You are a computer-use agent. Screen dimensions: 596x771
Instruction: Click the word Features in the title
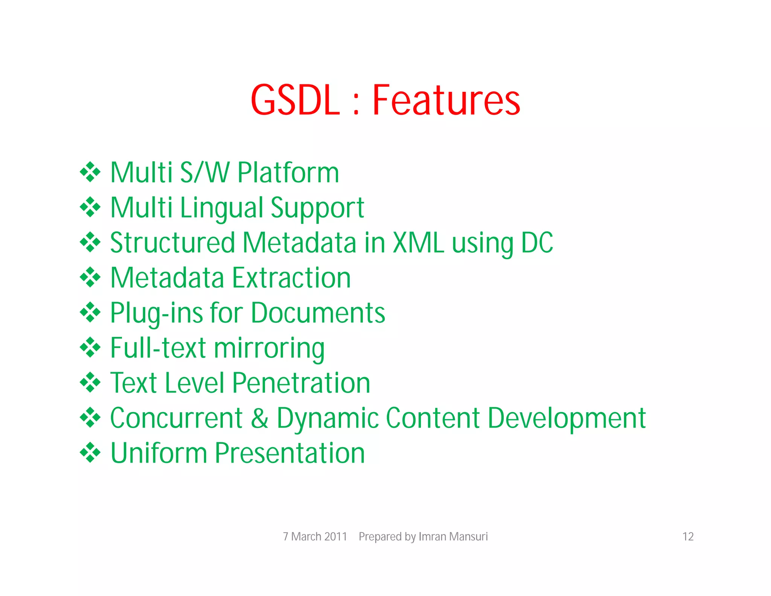point(446,100)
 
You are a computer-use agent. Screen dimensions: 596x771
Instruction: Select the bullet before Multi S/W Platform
point(90,172)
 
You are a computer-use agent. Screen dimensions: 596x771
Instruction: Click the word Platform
point(288,173)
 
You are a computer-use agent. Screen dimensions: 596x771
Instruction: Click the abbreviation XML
point(418,243)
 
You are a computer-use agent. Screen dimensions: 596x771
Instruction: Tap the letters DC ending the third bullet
point(537,243)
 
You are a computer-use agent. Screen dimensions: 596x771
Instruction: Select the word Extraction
point(291,278)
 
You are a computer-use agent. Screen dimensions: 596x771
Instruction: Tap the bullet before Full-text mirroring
point(90,347)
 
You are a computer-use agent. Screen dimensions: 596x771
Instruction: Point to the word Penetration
point(301,383)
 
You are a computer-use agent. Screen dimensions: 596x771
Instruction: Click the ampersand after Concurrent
point(260,418)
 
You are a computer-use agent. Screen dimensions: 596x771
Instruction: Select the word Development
point(567,419)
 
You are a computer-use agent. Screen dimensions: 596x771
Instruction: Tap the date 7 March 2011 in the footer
point(315,536)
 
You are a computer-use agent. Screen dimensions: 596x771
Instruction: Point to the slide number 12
point(688,536)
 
